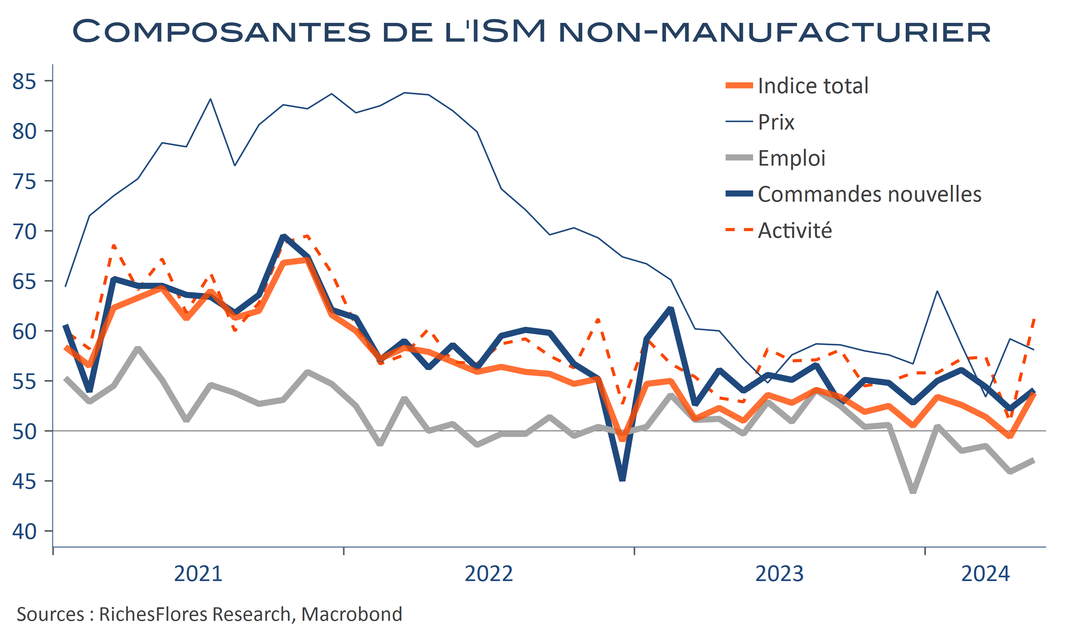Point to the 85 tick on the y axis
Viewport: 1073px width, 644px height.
24,81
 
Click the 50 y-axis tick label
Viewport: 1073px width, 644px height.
24,431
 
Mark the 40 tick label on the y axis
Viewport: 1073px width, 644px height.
24,531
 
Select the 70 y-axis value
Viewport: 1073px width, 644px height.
24,231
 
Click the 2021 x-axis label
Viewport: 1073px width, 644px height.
198,574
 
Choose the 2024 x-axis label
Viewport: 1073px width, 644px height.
985,574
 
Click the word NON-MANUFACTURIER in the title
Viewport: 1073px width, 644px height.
774,31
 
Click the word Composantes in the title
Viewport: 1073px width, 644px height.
221,31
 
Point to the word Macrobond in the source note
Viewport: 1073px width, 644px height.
351,614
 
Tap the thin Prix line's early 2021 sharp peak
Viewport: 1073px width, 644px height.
210,99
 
